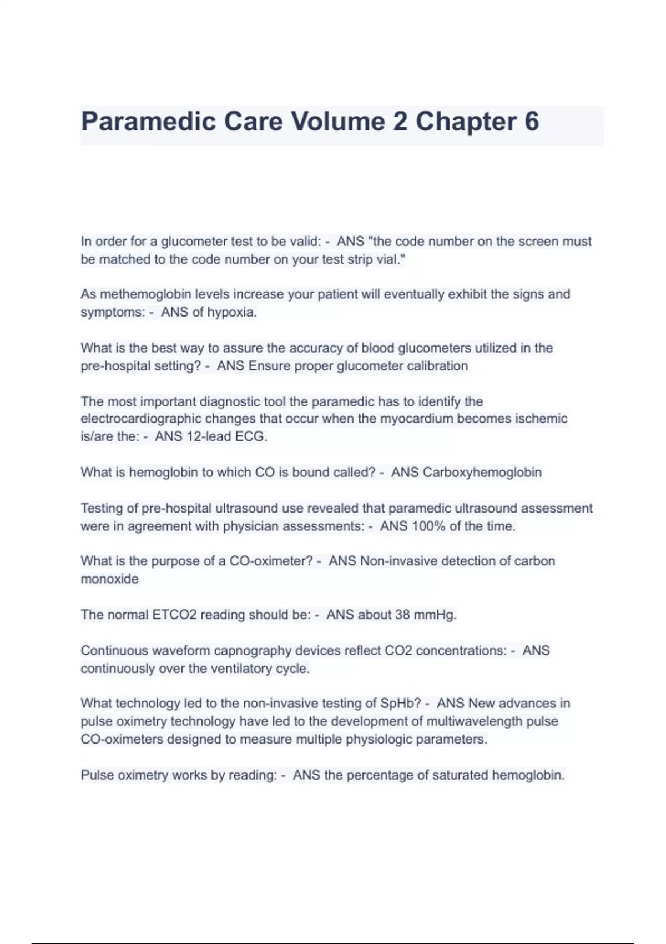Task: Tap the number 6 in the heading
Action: click(531, 122)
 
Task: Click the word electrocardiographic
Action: click(141, 419)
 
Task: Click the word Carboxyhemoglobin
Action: click(482, 473)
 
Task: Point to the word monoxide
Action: click(109, 579)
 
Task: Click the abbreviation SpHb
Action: click(400, 704)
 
